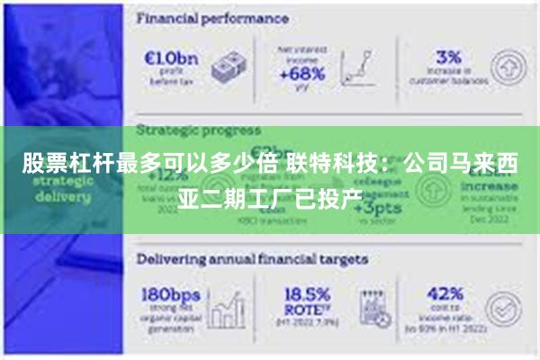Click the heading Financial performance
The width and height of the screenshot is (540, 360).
(211, 18)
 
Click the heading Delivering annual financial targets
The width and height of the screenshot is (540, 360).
(253, 259)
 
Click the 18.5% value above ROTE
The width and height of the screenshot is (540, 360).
(306, 294)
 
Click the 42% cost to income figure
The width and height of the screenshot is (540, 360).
(445, 294)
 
